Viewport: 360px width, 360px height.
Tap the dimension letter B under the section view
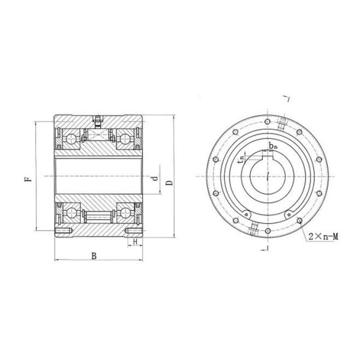94,256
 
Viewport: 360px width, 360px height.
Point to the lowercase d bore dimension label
155,178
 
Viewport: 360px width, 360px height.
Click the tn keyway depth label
242,159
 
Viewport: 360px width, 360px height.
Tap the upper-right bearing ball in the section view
125,139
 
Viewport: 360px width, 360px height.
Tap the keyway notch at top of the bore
266,157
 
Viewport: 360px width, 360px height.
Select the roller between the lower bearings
98,214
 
